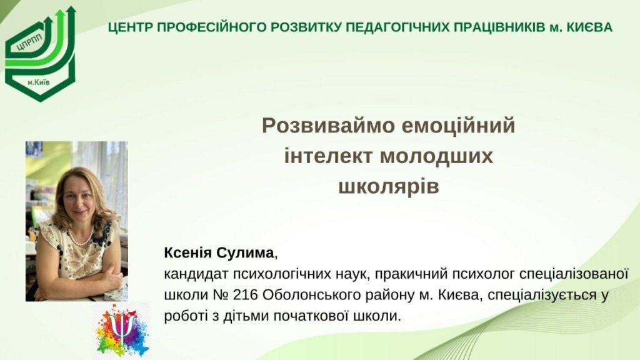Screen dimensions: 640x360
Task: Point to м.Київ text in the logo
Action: coord(39,82)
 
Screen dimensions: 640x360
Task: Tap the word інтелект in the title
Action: coord(328,156)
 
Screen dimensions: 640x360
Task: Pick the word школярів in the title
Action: coord(389,186)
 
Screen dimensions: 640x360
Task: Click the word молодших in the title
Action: coord(436,157)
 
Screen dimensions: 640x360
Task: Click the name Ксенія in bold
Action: coord(187,253)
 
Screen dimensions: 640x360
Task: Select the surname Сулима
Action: coord(245,253)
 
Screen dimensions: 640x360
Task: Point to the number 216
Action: coord(245,295)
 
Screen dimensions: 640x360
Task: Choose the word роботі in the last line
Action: coord(186,316)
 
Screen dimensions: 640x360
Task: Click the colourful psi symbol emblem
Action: coord(122,331)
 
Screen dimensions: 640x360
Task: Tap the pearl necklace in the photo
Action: coord(80,238)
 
